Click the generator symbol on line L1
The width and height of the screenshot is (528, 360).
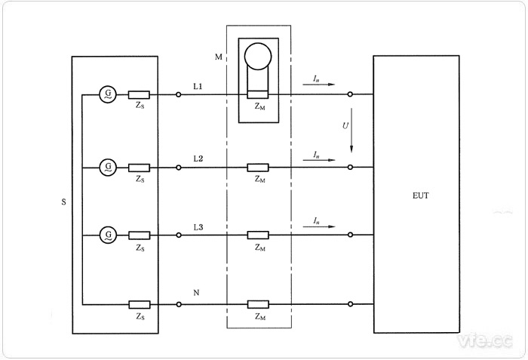click(109, 94)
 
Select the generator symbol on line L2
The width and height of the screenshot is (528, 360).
click(109, 166)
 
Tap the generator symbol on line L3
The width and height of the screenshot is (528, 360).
click(109, 235)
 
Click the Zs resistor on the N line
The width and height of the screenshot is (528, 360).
click(139, 304)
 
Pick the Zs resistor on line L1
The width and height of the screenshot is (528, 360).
click(139, 95)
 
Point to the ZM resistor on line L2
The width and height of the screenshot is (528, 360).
click(258, 167)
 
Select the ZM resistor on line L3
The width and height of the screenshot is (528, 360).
click(258, 235)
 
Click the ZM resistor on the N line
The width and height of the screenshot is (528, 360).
click(258, 304)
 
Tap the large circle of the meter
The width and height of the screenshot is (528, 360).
click(259, 57)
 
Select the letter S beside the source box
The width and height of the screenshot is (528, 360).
click(63, 203)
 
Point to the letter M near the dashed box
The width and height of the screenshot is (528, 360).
click(219, 57)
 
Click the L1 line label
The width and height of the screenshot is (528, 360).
click(198, 88)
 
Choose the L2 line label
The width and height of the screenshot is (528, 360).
click(198, 158)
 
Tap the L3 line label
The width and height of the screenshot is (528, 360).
click(198, 227)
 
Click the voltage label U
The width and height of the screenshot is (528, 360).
click(345, 125)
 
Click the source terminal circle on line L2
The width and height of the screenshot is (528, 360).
click(178, 167)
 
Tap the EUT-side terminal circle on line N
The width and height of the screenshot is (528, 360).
click(351, 304)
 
